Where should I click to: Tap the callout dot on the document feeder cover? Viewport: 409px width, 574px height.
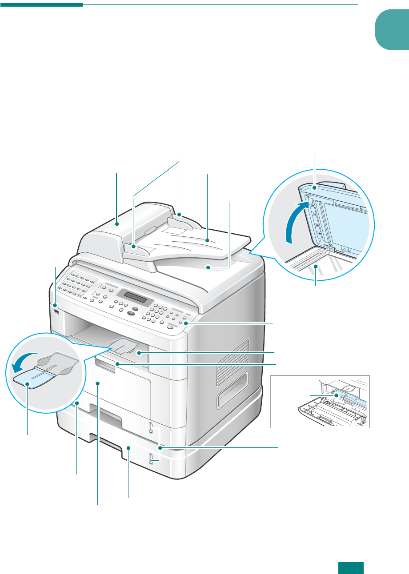click(117, 224)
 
